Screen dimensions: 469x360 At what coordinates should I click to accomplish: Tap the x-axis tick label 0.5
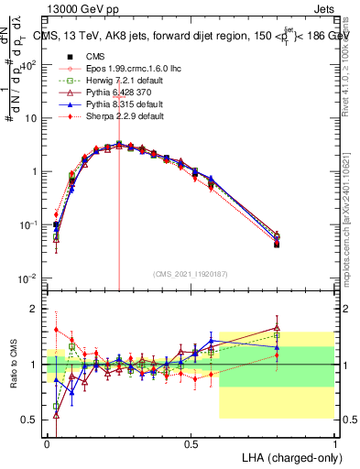191,443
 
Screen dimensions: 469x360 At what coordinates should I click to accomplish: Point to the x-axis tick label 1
334,443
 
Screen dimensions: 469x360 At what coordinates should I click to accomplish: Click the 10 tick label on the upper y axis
29,118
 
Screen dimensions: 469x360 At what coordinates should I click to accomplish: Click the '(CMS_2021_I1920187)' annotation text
190,273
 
